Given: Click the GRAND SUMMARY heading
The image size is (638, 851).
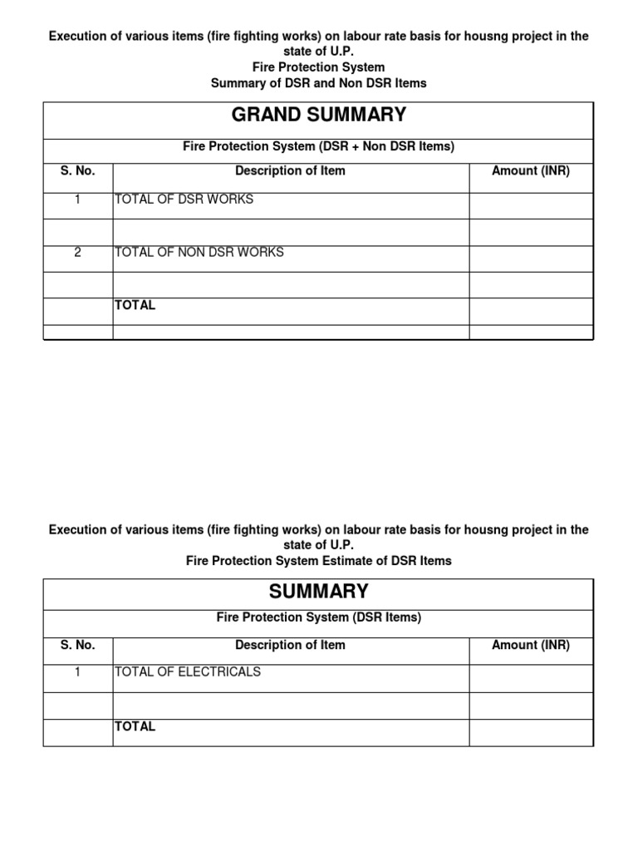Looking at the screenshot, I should click(318, 115).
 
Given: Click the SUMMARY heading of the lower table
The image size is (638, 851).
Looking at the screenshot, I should click(318, 592).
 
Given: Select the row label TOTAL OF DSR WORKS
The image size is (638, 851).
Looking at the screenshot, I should click(184, 199).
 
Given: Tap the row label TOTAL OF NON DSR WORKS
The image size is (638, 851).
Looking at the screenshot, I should click(199, 252).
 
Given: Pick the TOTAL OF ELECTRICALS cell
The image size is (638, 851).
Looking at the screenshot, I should click(187, 671).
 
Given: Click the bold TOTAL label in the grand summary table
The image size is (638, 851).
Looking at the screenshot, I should click(135, 305).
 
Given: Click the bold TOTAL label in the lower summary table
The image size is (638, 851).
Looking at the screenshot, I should click(135, 726).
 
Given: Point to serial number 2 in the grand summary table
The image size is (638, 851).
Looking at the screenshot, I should click(77, 252).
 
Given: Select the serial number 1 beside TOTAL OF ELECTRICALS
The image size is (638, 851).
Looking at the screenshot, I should click(77, 671).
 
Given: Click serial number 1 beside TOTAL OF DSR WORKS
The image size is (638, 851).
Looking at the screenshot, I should click(77, 199).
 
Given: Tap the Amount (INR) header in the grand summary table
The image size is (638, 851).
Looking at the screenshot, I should click(531, 170).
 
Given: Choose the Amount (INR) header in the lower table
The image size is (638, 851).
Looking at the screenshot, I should click(531, 645).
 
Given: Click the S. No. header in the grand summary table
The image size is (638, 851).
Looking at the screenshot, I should click(77, 170).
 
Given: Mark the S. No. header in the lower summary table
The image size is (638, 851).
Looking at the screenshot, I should click(77, 645).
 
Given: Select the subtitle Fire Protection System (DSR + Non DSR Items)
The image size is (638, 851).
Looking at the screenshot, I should click(318, 146).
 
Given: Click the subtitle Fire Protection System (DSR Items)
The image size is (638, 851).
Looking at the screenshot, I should click(318, 617).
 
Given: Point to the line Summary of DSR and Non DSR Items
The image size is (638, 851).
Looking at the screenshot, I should click(318, 83).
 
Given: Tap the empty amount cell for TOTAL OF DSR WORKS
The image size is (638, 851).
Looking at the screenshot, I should click(531, 205).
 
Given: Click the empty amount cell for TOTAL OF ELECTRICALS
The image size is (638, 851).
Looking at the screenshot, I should click(531, 678).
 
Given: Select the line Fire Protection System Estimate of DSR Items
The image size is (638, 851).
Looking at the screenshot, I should click(318, 561).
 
